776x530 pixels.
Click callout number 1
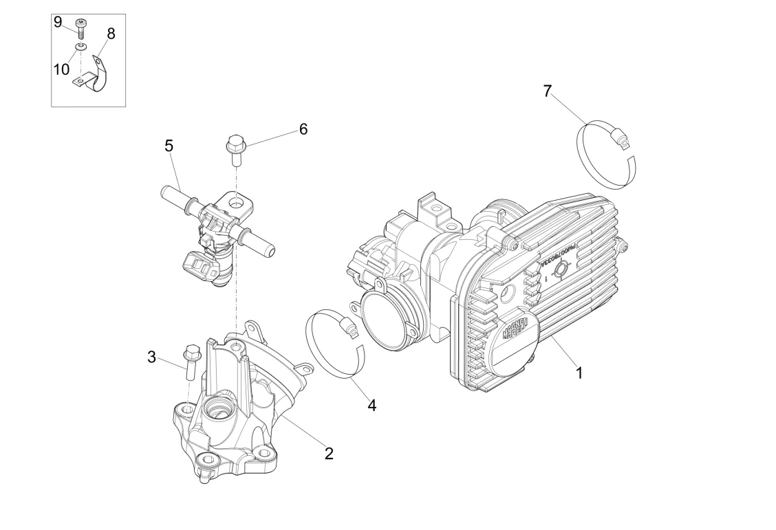(x=579, y=373)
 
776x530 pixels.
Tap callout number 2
(x=329, y=454)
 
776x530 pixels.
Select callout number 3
(x=152, y=357)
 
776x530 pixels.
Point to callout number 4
(x=371, y=405)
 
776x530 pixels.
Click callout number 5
(x=169, y=146)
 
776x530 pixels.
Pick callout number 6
(x=303, y=129)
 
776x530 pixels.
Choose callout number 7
(x=548, y=91)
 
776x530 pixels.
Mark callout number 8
(x=111, y=33)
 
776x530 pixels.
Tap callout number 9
(x=58, y=21)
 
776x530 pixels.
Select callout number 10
(x=62, y=69)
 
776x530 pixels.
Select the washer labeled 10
(x=81, y=47)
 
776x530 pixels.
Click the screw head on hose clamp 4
(x=352, y=331)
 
